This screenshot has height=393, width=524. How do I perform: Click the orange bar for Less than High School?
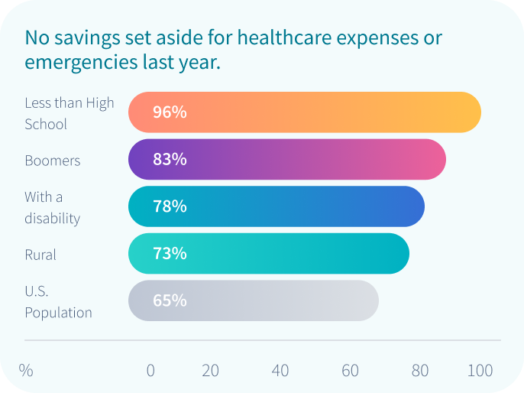[x=304, y=112]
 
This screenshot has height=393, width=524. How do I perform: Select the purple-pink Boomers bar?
[x=286, y=160]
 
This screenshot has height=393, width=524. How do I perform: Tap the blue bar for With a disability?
[x=276, y=206]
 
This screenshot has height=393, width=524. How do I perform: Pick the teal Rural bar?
[x=268, y=254]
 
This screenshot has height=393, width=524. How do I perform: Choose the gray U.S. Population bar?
[x=253, y=300]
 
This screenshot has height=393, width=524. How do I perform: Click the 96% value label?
[x=170, y=112]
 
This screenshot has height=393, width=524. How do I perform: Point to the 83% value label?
[x=170, y=160]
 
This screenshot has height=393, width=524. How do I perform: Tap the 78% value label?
[x=170, y=206]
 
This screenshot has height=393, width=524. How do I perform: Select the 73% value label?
[x=170, y=254]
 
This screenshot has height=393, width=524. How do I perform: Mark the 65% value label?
[x=170, y=300]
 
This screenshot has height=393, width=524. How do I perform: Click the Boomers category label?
[x=52, y=161]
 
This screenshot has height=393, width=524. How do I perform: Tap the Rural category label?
[x=40, y=255]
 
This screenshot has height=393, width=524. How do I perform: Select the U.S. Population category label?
[x=58, y=302]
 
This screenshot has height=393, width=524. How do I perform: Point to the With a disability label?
[x=52, y=208]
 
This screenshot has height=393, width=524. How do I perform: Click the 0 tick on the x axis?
[x=150, y=371]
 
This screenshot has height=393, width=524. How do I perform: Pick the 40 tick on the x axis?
[x=280, y=371]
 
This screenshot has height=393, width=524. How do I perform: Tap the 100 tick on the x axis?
[x=480, y=371]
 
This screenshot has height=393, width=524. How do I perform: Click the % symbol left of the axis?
[x=26, y=371]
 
